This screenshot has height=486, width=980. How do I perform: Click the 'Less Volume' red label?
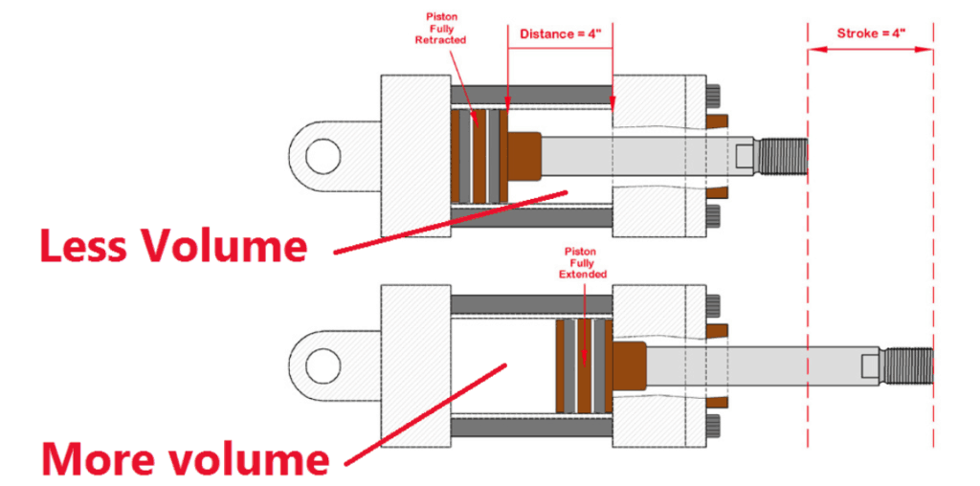click(x=172, y=246)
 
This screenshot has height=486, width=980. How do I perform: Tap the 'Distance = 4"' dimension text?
click(x=560, y=33)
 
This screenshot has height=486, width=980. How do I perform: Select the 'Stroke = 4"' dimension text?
click(x=871, y=33)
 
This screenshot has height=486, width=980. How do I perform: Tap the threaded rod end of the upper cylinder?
click(x=784, y=156)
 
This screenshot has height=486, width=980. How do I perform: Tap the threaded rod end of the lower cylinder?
click(x=908, y=365)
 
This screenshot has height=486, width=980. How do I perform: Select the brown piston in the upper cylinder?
click(x=479, y=156)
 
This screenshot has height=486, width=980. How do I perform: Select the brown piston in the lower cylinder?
click(x=584, y=365)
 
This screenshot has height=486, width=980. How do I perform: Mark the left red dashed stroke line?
click(x=808, y=287)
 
